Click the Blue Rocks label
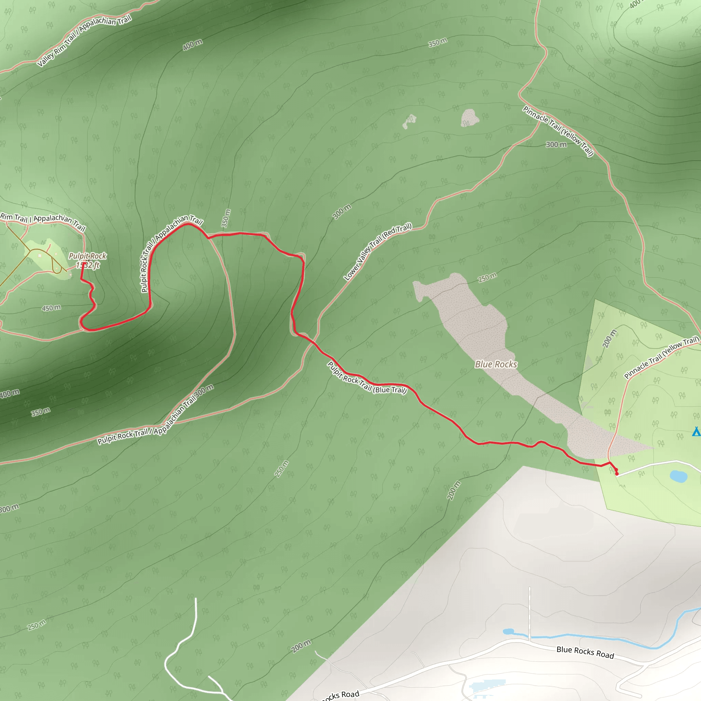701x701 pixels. click(x=496, y=364)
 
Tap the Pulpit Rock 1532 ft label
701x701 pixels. click(x=87, y=260)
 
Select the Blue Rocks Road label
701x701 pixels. click(x=585, y=652)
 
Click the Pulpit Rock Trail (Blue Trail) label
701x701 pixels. click(x=367, y=378)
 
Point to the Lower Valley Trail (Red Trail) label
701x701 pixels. click(x=378, y=252)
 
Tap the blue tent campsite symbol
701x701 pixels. click(x=696, y=431)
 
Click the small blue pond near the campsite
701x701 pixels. click(x=678, y=476)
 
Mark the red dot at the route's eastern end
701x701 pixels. click(x=616, y=473)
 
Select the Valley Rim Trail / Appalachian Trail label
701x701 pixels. click(x=84, y=40)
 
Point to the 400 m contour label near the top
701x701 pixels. click(x=192, y=44)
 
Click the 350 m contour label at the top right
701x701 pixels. click(x=437, y=43)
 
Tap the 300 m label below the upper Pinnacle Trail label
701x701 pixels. click(x=556, y=144)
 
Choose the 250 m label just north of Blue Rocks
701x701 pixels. click(x=487, y=278)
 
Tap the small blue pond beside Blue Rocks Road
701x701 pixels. click(x=508, y=632)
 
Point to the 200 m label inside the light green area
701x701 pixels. click(x=609, y=339)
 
